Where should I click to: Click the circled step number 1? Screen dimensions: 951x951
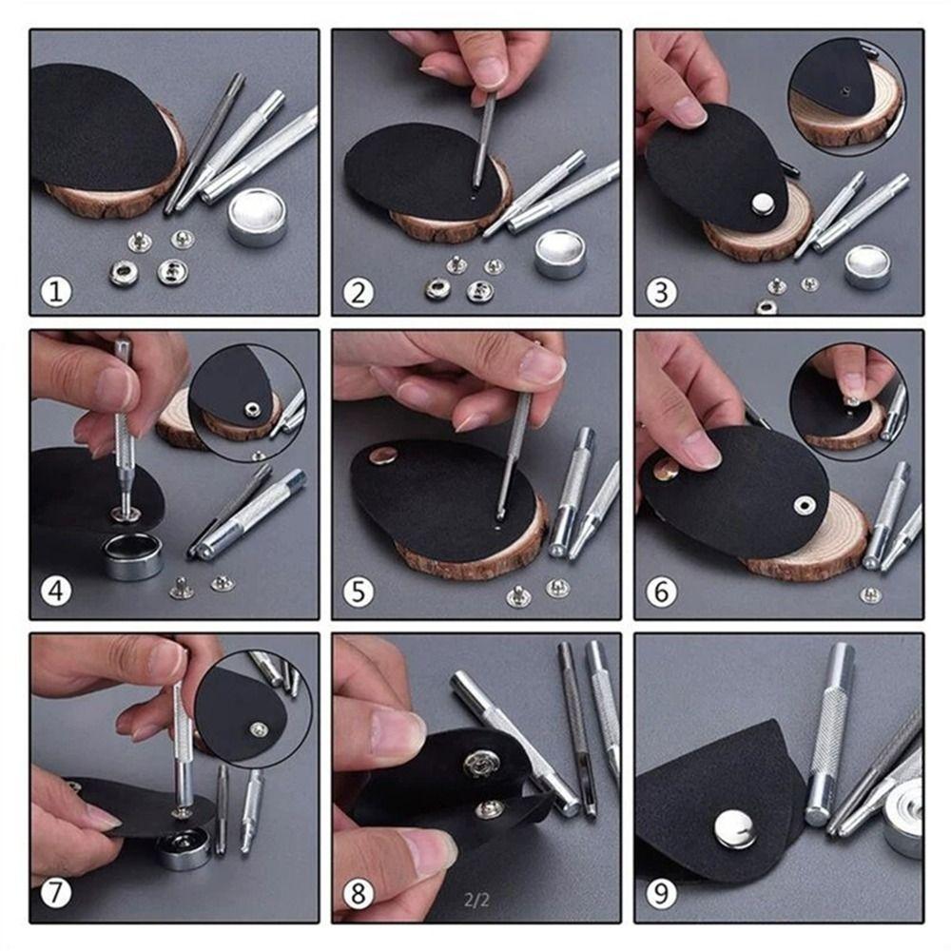56,292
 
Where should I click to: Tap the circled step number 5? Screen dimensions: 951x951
359,592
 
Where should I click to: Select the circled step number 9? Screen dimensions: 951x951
661,893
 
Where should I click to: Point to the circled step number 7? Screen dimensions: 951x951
56,893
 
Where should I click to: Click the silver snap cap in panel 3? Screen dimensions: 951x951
761,204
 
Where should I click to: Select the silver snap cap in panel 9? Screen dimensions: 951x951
735,829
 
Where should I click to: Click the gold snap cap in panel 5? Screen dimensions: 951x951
382,455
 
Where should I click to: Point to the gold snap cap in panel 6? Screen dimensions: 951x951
667,468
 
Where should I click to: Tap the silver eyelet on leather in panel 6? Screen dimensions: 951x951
805,505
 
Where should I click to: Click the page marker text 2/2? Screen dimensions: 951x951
476,900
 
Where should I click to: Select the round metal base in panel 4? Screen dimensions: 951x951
133,555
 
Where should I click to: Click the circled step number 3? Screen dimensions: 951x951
661,292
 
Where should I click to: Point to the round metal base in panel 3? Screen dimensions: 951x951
867,267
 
